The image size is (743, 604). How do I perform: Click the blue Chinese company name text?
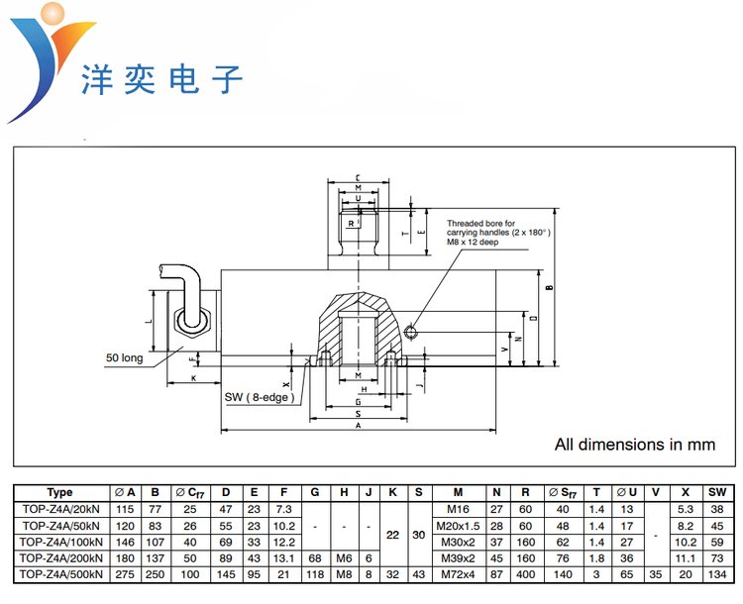(x=160, y=77)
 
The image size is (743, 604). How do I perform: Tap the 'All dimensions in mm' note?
(x=635, y=445)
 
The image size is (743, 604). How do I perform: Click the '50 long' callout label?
(x=126, y=357)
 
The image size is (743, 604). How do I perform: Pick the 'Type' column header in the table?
(x=59, y=492)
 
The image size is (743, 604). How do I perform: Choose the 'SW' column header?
(x=718, y=492)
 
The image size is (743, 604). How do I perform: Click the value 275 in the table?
(x=126, y=572)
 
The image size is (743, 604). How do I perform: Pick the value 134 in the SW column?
(x=718, y=572)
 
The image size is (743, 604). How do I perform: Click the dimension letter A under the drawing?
(x=357, y=425)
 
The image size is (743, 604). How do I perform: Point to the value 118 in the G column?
(x=314, y=572)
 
